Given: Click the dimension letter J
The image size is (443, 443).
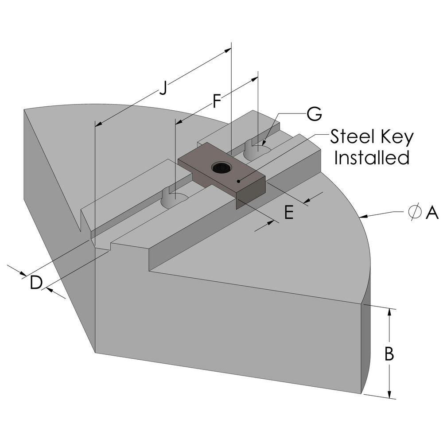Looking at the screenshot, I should (163, 88).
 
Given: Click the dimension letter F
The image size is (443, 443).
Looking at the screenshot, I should (216, 101).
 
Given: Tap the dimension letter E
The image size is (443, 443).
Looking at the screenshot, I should (288, 213).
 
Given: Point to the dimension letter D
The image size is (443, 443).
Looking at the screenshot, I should (36, 282).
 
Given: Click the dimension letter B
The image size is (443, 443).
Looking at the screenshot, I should (389, 354).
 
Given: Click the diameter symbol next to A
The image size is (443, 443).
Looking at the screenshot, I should (414, 213).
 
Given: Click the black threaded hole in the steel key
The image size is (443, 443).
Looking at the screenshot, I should (220, 167).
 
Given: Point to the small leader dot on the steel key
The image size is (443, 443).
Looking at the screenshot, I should (239, 181).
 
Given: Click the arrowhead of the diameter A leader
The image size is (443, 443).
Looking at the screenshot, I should (363, 216).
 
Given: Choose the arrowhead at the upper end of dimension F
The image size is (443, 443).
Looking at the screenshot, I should (256, 78).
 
